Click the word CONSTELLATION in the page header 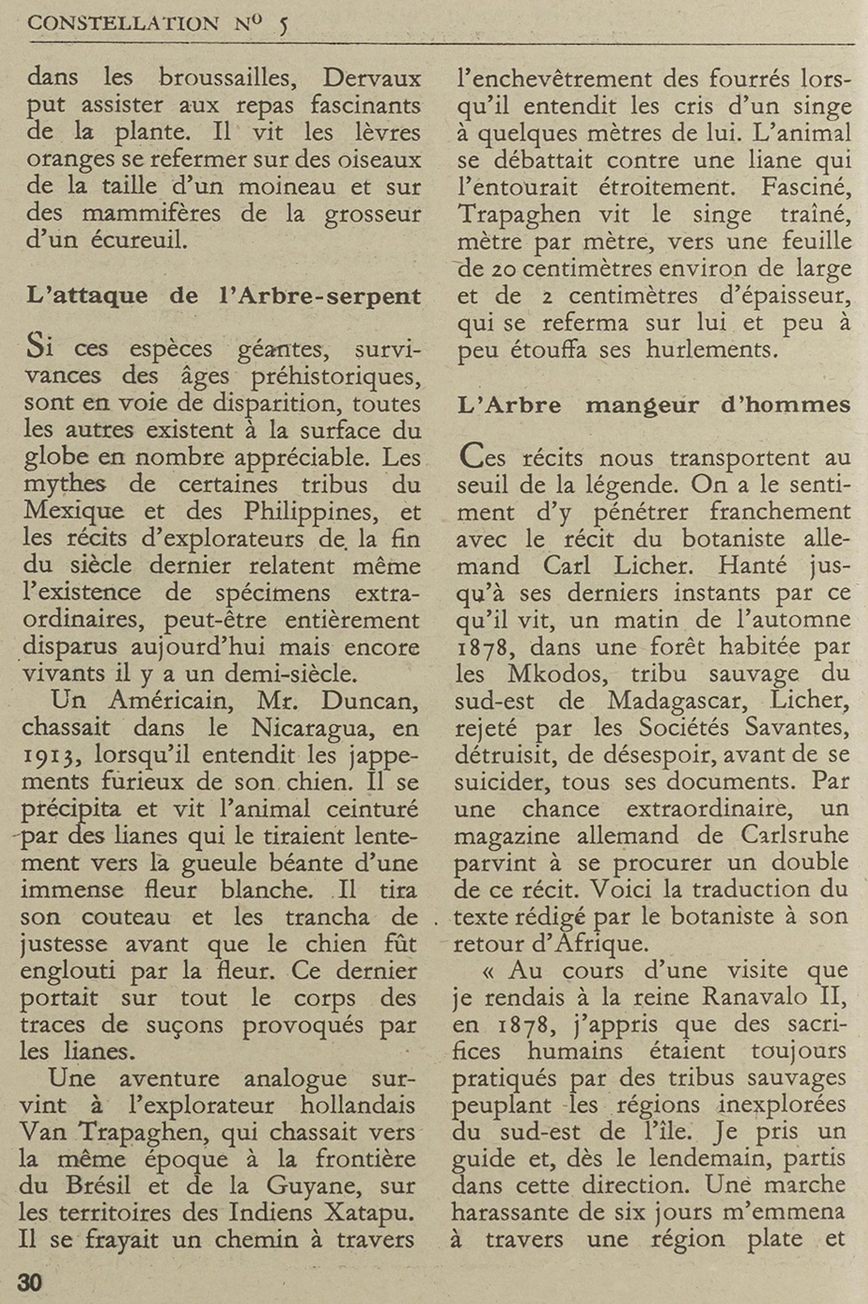click(x=122, y=23)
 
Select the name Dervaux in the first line click(x=372, y=78)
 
